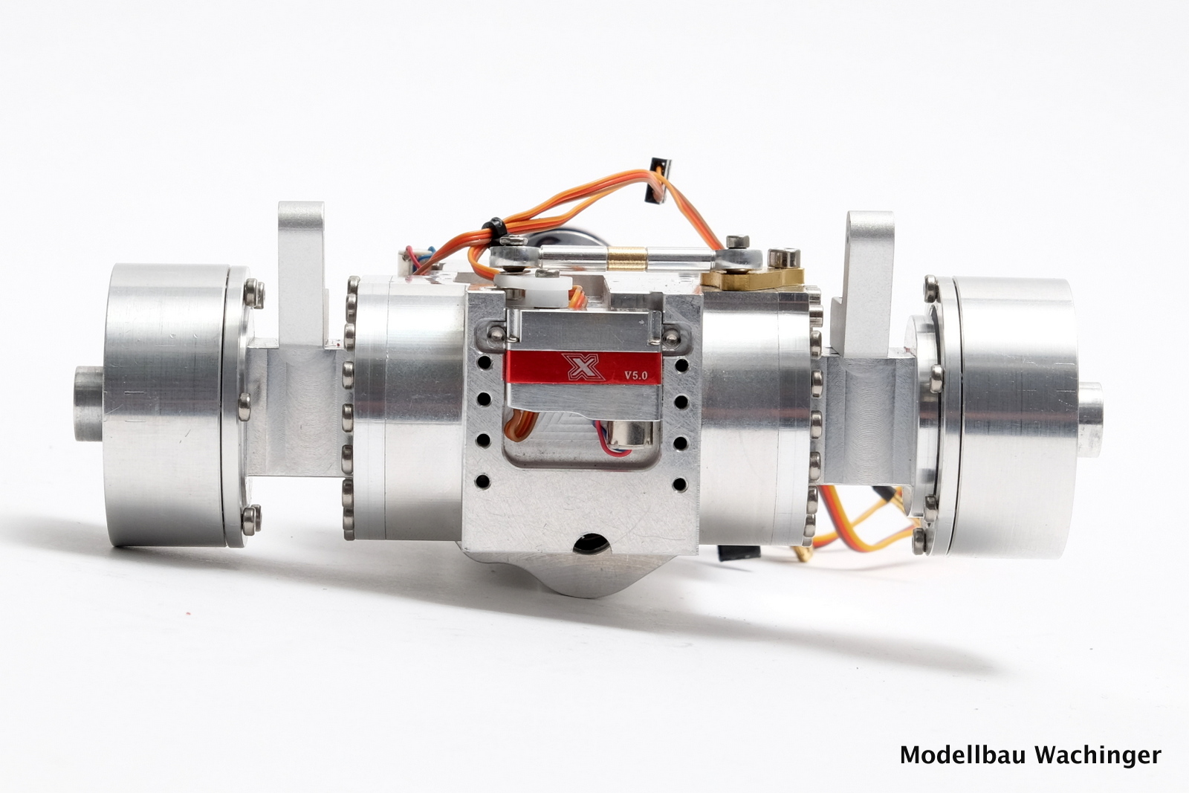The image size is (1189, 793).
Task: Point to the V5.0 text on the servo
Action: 636,375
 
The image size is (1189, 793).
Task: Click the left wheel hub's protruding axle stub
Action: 88,403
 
